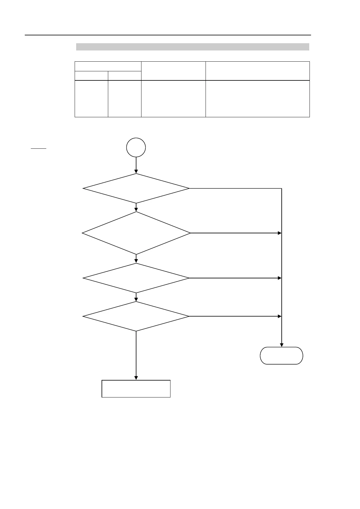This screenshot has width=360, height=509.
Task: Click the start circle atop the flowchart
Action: (136, 148)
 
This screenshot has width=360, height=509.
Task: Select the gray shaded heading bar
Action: (193, 47)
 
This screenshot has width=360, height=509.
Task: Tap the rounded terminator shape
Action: (281, 356)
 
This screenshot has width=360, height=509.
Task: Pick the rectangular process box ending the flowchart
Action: (136, 389)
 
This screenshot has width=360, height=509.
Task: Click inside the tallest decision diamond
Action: (136, 233)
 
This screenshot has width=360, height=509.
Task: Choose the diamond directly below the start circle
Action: (136, 188)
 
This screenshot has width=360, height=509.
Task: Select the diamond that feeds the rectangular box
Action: (136, 316)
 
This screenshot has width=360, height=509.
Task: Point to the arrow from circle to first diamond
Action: (136, 165)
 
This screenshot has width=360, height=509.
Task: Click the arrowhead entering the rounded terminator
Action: (281, 345)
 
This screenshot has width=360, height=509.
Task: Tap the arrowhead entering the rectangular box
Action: (136, 378)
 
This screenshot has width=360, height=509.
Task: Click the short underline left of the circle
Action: (38, 149)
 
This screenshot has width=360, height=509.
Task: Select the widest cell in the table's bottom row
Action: (258, 99)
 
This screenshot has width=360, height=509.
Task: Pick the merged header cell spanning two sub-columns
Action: (108, 66)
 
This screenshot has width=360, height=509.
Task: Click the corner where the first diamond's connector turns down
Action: (281, 189)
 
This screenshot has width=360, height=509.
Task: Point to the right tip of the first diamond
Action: (189, 188)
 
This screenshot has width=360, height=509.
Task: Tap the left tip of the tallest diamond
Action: (83, 233)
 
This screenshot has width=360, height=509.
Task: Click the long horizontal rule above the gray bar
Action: (168, 35)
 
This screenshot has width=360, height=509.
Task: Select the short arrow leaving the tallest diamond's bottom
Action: (136, 259)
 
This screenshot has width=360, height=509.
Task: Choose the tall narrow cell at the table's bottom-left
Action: (91, 99)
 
